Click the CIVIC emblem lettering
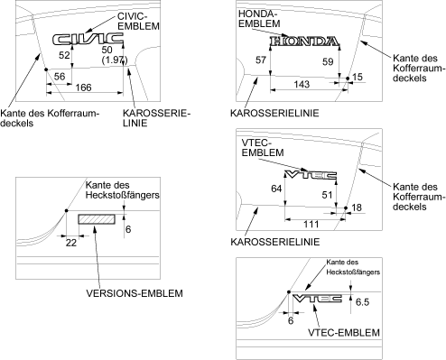pyautogui.click(x=88, y=39)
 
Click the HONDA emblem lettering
pyautogui.click(x=304, y=42)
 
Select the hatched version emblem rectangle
pyautogui.click(x=97, y=219)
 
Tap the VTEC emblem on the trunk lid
pyautogui.click(x=311, y=175)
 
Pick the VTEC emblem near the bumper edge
pyautogui.click(x=317, y=299)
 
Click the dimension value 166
pyautogui.click(x=83, y=88)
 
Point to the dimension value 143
pyautogui.click(x=302, y=84)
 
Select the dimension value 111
pyautogui.click(x=311, y=224)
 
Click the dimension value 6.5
pyautogui.click(x=362, y=302)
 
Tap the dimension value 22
pyautogui.click(x=71, y=243)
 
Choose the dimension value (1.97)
pyautogui.click(x=115, y=60)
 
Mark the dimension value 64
pyautogui.click(x=276, y=189)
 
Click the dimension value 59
pyautogui.click(x=328, y=61)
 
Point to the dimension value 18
pyautogui.click(x=357, y=208)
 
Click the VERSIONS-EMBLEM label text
pyautogui.click(x=135, y=293)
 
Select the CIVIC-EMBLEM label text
pyautogui.click(x=138, y=21)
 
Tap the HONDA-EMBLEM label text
pyautogui.click(x=259, y=18)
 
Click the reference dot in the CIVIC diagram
pyautogui.click(x=46, y=69)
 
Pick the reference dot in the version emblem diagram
pyautogui.click(x=67, y=210)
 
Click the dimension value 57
pyautogui.click(x=261, y=60)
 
